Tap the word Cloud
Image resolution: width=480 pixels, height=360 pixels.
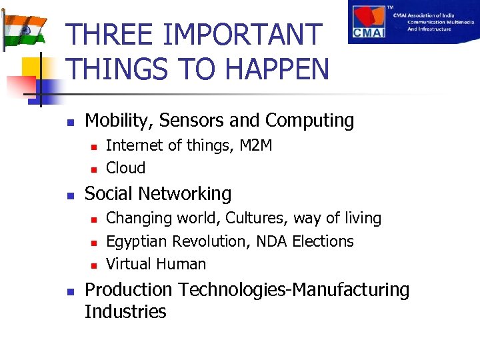125,168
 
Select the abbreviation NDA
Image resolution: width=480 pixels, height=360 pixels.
269,241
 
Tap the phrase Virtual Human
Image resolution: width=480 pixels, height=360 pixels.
156,264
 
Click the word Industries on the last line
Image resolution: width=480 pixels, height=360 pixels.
125,312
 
